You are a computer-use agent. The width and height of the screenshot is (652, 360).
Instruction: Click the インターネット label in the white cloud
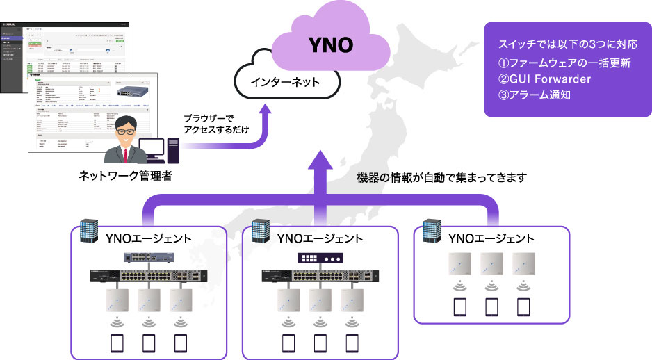286,83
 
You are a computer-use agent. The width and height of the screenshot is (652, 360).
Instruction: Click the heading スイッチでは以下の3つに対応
567,45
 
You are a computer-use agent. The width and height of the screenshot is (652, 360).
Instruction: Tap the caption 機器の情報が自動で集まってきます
438,177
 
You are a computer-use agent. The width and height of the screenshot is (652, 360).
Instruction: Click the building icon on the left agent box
89,233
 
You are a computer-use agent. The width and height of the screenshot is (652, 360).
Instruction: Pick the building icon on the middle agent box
259,233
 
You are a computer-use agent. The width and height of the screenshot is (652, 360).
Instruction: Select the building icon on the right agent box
431,233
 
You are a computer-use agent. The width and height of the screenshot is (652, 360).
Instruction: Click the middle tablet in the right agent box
491,306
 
